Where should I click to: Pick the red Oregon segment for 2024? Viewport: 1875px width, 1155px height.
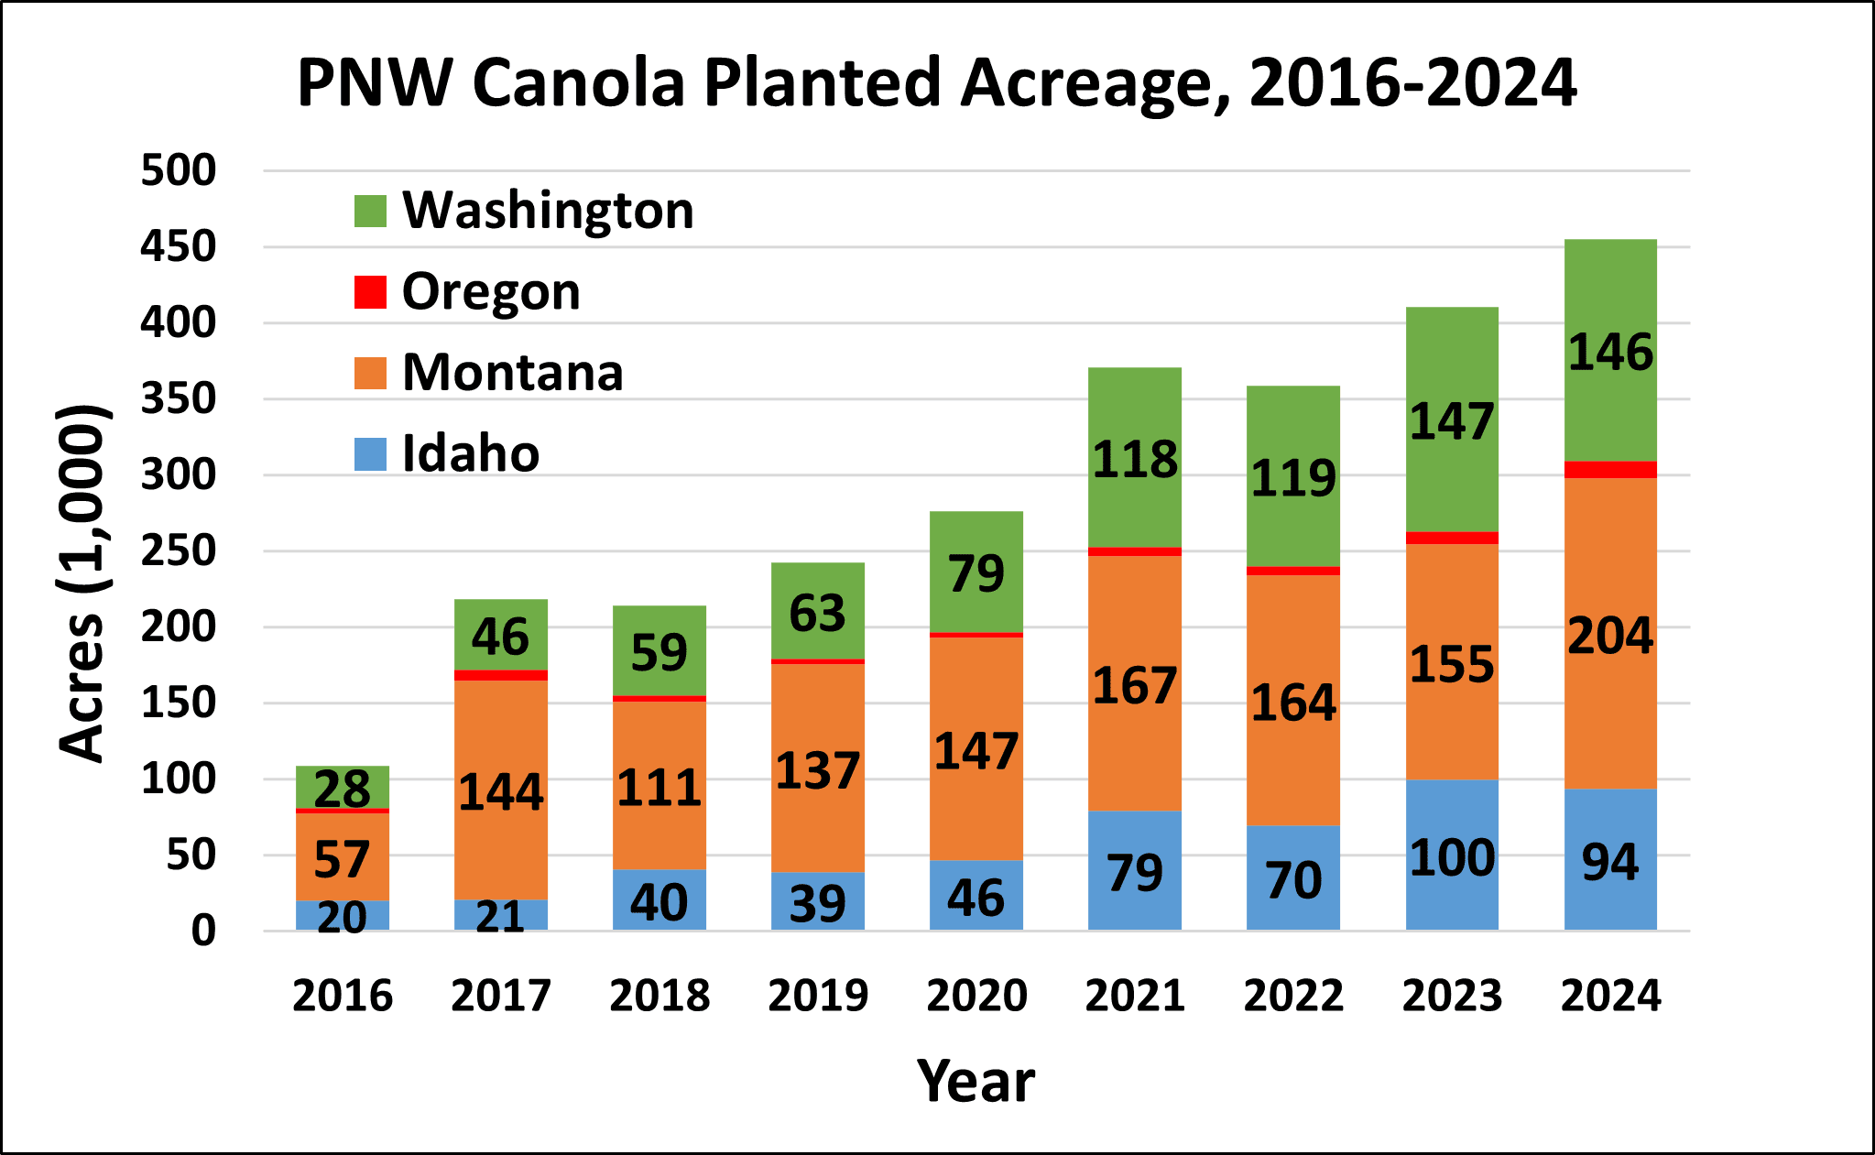1610,470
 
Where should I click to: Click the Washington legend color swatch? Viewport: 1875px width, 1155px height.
370,211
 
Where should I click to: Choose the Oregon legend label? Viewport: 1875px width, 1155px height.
491,292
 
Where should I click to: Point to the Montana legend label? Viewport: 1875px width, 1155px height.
512,373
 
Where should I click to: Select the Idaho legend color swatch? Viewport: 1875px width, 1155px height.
370,454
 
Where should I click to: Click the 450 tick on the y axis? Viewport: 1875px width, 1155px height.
178,247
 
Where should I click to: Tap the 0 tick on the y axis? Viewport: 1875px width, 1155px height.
203,932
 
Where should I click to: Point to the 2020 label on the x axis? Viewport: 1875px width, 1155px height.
976,996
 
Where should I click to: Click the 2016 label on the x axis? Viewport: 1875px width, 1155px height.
343,996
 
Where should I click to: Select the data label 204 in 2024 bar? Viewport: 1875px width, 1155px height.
1610,636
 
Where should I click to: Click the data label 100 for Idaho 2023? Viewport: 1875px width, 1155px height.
1452,858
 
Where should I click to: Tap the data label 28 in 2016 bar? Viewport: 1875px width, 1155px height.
343,789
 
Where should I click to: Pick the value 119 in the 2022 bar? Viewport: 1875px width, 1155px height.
1293,478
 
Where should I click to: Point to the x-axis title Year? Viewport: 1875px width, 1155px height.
976,1081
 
